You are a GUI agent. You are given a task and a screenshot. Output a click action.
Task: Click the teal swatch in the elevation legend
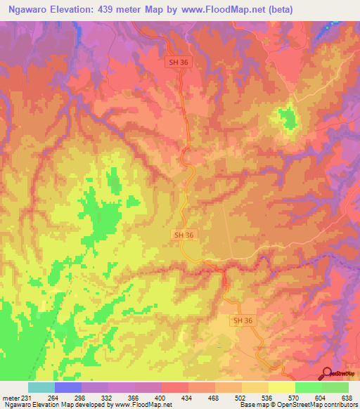click(41, 387)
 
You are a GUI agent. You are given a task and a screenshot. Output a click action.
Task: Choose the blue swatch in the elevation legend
click(68, 387)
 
